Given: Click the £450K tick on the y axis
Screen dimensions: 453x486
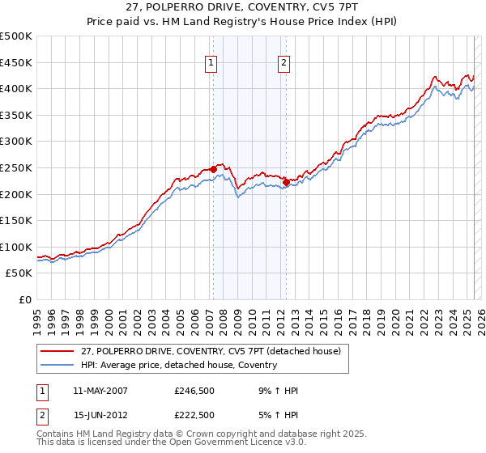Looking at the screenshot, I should [16, 62].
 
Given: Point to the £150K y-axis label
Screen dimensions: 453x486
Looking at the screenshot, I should [16, 220].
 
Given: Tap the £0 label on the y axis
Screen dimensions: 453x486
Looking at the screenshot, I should [24, 299].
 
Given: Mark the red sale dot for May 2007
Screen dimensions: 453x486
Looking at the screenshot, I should [213, 169].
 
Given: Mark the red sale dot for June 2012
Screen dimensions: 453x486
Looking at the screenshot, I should [286, 182].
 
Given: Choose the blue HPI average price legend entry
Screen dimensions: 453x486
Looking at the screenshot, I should [178, 365].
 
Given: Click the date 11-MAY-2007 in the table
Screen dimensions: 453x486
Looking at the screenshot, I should [100, 391].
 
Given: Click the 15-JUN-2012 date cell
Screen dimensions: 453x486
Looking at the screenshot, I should [100, 415].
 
